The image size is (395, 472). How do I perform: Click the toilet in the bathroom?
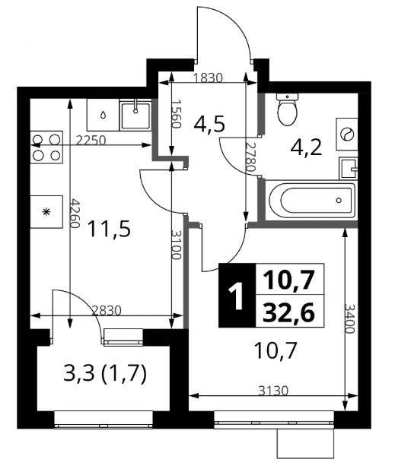click(288, 109)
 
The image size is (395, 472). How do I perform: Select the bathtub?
click(312, 200)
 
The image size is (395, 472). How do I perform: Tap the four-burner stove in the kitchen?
click(46, 147)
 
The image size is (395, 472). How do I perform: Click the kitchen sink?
click(135, 115)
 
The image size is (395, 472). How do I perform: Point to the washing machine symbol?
click(347, 135)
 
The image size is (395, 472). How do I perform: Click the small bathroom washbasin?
click(349, 168)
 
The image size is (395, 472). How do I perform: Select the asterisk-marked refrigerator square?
click(46, 212)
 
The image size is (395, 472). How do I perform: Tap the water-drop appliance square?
click(103, 115)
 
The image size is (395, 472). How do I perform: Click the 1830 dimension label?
click(208, 78)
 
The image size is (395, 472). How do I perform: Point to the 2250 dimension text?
click(91, 141)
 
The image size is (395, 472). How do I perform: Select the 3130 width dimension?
click(274, 391)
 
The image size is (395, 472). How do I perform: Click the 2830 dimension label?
click(106, 310)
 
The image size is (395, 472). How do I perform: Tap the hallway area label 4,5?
click(209, 125)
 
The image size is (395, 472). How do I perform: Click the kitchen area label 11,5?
click(109, 229)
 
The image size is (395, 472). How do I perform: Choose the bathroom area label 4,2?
click(307, 147)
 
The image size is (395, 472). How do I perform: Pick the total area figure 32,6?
click(289, 312)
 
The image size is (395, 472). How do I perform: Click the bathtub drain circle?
click(339, 200)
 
